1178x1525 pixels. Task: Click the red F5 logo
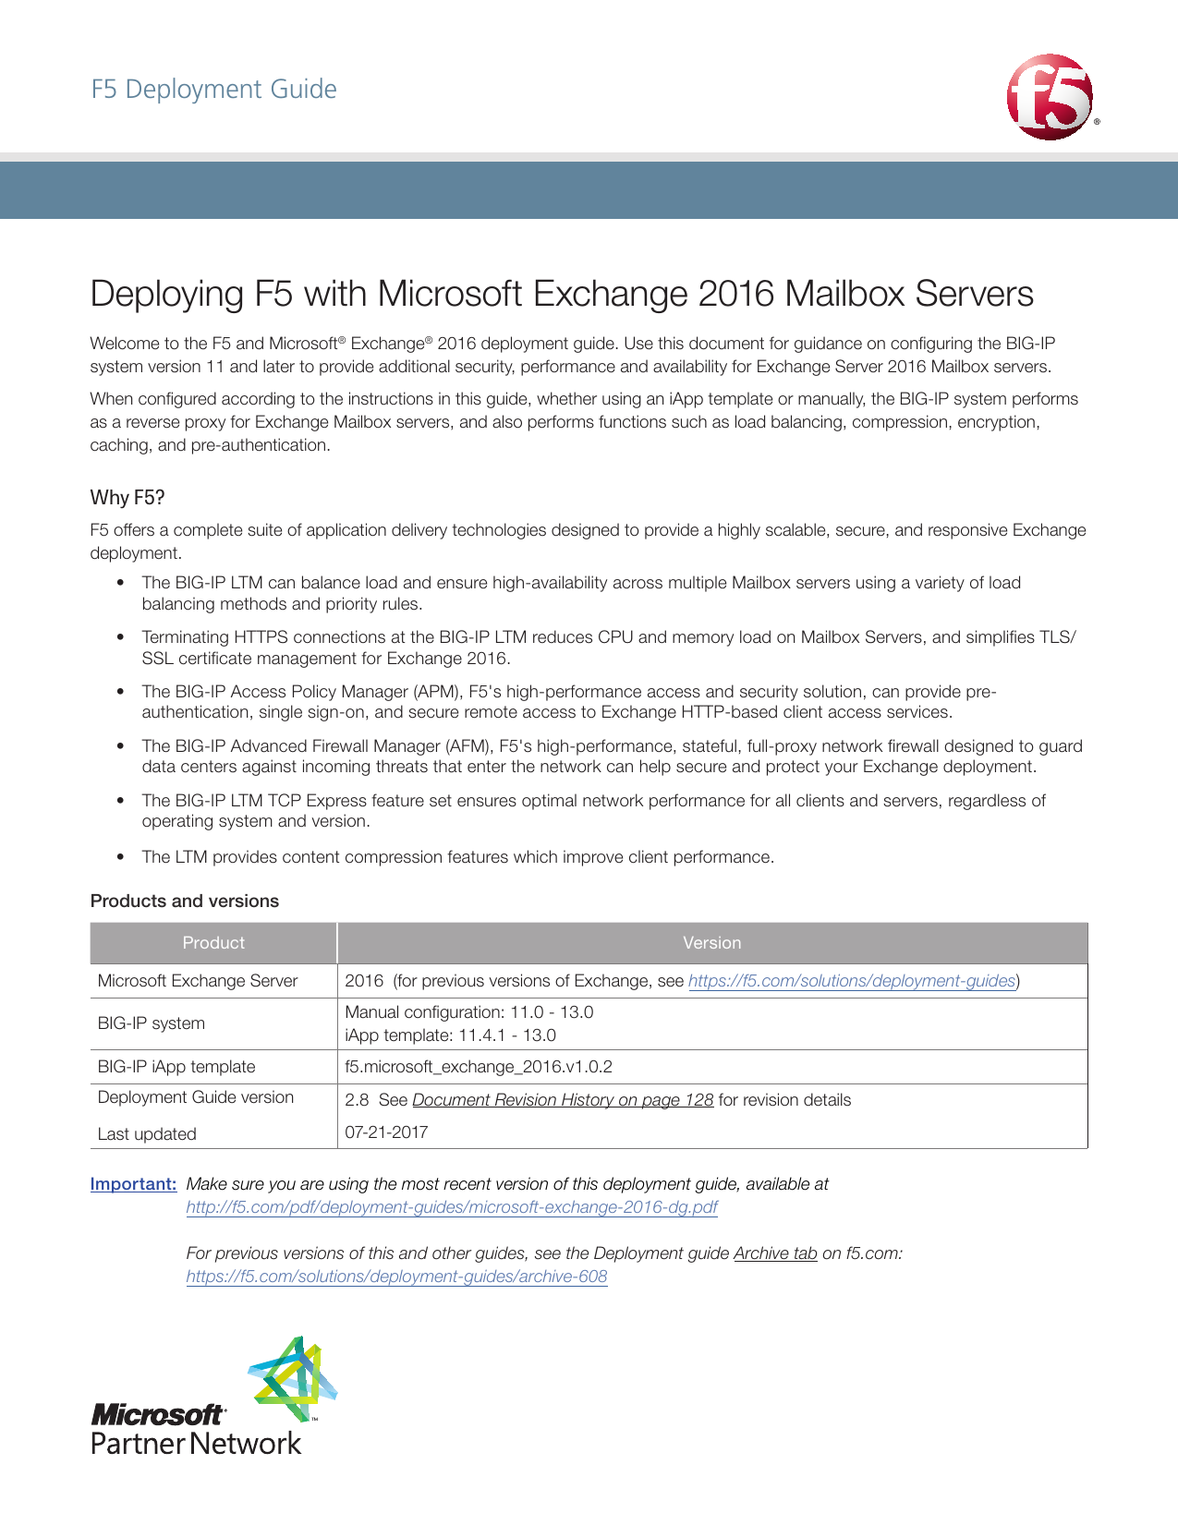tap(1050, 97)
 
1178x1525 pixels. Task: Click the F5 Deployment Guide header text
tap(213, 90)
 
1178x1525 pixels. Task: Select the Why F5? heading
tap(127, 498)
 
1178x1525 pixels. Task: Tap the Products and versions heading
tap(185, 902)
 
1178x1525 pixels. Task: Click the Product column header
tap(213, 943)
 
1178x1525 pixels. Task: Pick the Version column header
tap(711, 943)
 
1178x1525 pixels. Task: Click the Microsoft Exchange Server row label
tap(198, 981)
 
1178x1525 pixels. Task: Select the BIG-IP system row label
tap(152, 1023)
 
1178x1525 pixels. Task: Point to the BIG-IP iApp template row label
tap(176, 1067)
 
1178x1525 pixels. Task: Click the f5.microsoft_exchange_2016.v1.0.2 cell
tap(479, 1067)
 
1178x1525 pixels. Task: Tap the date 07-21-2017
tap(386, 1132)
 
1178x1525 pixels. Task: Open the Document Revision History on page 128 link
tap(563, 1100)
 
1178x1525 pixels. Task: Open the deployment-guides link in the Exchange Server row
tap(852, 981)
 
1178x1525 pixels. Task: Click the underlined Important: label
tap(133, 1184)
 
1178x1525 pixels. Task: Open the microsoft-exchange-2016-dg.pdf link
tap(452, 1207)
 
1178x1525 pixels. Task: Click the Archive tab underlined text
tap(775, 1253)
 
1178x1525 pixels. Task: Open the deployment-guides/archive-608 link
tap(396, 1277)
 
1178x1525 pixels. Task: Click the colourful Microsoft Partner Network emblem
tap(294, 1378)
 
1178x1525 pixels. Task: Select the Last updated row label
tap(147, 1134)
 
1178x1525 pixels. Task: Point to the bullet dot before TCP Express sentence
tap(120, 801)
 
